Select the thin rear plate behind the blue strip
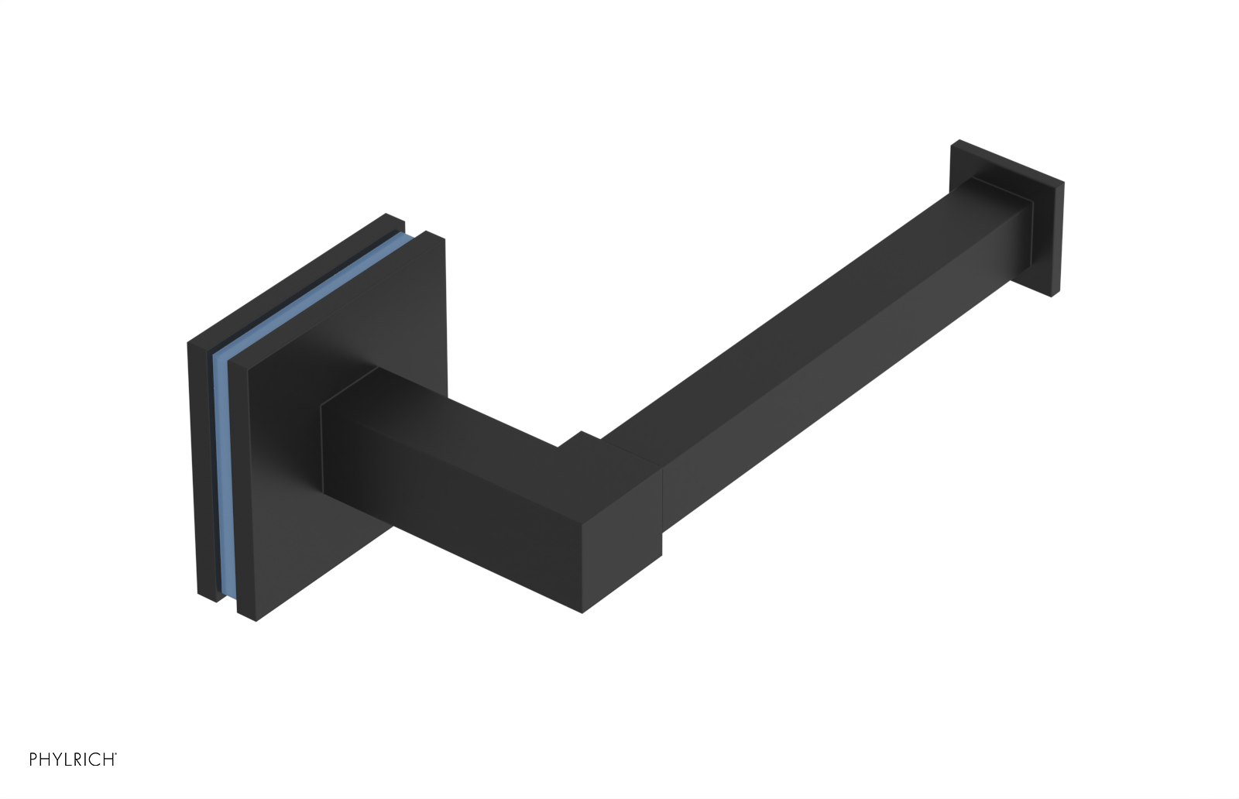tap(199, 465)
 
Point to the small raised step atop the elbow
tap(581, 440)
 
